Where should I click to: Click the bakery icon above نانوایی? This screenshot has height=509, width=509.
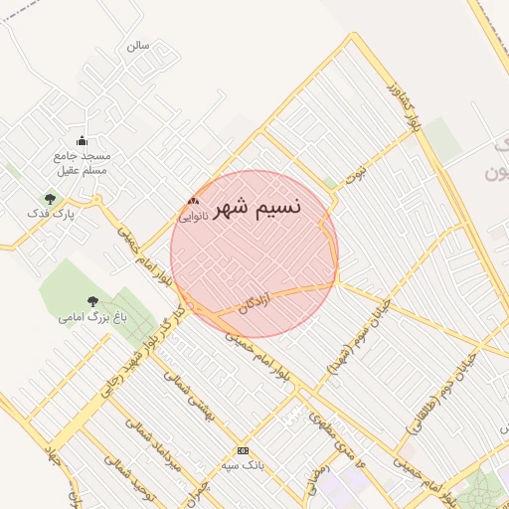193,202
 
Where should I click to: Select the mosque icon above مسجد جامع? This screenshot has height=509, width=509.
82,140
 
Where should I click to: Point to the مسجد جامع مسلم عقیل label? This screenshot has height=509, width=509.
83,163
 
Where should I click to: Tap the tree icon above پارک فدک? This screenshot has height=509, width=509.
50,200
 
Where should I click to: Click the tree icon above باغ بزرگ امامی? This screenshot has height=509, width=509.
93,301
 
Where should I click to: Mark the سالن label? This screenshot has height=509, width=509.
137,45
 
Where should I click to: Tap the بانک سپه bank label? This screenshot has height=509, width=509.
244,465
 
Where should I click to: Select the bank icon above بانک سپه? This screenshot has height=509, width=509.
244,450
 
